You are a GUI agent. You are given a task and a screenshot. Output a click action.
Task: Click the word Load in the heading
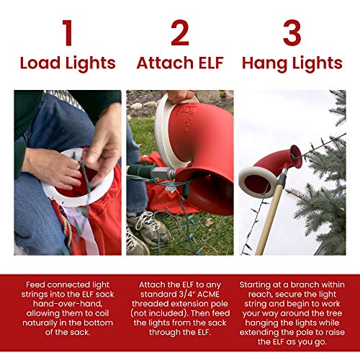(x=42, y=63)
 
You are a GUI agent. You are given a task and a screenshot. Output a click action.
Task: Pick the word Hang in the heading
(x=266, y=63)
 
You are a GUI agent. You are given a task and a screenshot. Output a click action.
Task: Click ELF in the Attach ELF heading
(x=210, y=63)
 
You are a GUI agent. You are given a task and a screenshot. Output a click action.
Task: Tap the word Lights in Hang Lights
(x=318, y=63)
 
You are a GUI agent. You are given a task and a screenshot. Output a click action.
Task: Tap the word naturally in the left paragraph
(x=40, y=325)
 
